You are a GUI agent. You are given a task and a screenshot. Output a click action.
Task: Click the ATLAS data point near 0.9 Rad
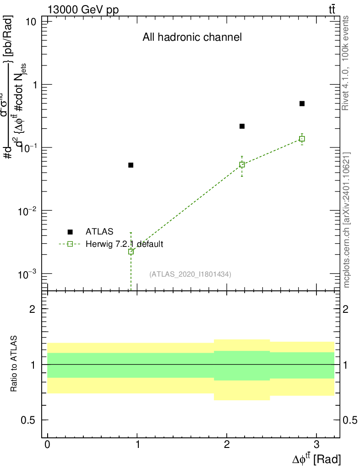131,165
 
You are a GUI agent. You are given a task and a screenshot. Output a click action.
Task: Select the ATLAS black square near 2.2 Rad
242,126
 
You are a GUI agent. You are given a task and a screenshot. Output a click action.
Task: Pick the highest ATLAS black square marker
302,104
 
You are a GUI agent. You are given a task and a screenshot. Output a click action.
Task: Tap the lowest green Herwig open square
131,251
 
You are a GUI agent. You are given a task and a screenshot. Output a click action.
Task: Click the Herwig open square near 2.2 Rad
242,164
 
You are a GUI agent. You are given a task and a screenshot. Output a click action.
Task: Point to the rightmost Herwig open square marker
302,139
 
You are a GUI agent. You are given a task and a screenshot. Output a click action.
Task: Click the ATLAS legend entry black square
70,232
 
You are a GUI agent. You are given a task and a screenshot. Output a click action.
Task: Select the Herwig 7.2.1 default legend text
124,244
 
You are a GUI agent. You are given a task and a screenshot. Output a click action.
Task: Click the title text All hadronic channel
192,38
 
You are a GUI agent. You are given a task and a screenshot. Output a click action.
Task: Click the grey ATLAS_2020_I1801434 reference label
190,274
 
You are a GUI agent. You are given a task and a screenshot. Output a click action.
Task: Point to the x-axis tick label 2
227,445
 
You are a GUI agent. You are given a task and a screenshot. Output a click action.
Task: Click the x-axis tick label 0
47,445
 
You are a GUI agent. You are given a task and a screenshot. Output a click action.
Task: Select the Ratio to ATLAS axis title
14,364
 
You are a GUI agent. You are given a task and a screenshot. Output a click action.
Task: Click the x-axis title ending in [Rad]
316,458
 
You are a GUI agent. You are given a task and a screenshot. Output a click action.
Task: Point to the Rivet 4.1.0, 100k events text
346,63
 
